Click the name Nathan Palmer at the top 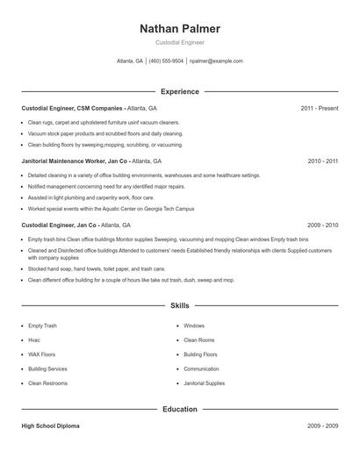click(180, 29)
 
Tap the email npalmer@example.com click(216, 61)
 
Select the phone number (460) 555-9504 click(166, 61)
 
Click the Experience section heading click(180, 91)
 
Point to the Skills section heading click(180, 306)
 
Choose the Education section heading click(180, 409)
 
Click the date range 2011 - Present click(320, 108)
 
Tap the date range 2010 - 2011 click(322, 161)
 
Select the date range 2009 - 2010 click(322, 225)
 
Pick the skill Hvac click(34, 340)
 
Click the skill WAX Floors click(41, 354)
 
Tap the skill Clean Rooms click(198, 340)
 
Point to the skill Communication click(201, 368)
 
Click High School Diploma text click(51, 426)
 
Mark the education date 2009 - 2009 click(322, 426)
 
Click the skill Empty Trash click(42, 325)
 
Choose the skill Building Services click(47, 368)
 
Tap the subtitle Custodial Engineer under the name click(180, 43)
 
